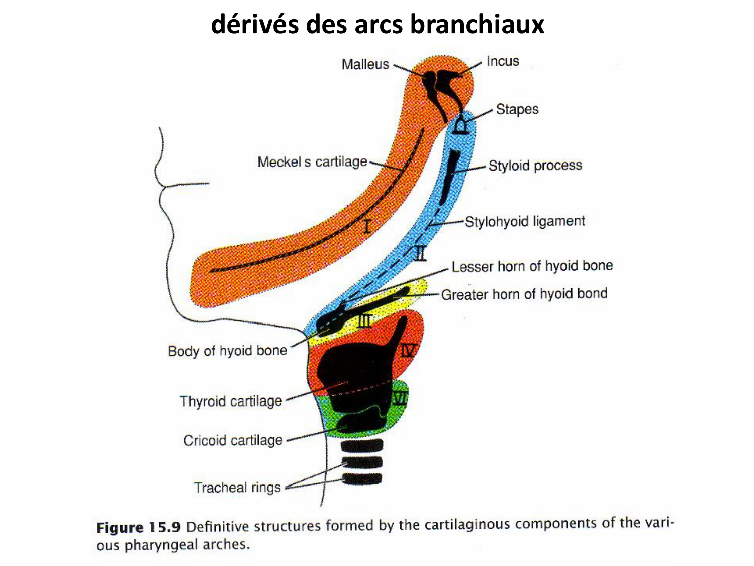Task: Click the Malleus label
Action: tap(365, 64)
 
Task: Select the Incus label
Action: tap(503, 61)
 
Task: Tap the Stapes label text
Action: tap(517, 109)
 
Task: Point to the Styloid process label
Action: tap(535, 166)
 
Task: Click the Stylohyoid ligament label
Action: tap(525, 221)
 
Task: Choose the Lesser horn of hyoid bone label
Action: tap(532, 266)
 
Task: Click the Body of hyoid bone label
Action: tap(227, 351)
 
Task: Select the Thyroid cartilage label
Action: tap(231, 401)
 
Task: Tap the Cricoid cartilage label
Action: tap(233, 440)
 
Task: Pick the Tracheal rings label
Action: tap(237, 488)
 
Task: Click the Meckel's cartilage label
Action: tap(312, 162)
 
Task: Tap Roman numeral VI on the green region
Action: tap(400, 399)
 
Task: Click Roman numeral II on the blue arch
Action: tap(421, 253)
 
